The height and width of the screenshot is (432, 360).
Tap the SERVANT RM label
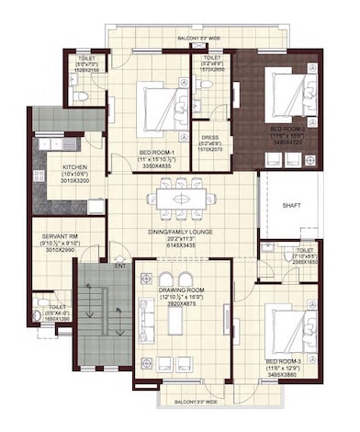point(59,236)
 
